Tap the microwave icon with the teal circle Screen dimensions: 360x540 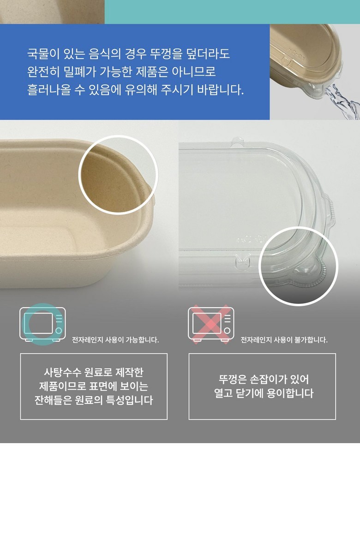[x=42, y=324]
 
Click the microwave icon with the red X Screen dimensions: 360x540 [x=211, y=324]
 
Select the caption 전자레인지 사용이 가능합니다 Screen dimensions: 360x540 [x=115, y=340]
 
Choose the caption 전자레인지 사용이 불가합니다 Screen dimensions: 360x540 [x=284, y=340]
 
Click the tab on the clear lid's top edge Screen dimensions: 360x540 [x=238, y=141]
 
